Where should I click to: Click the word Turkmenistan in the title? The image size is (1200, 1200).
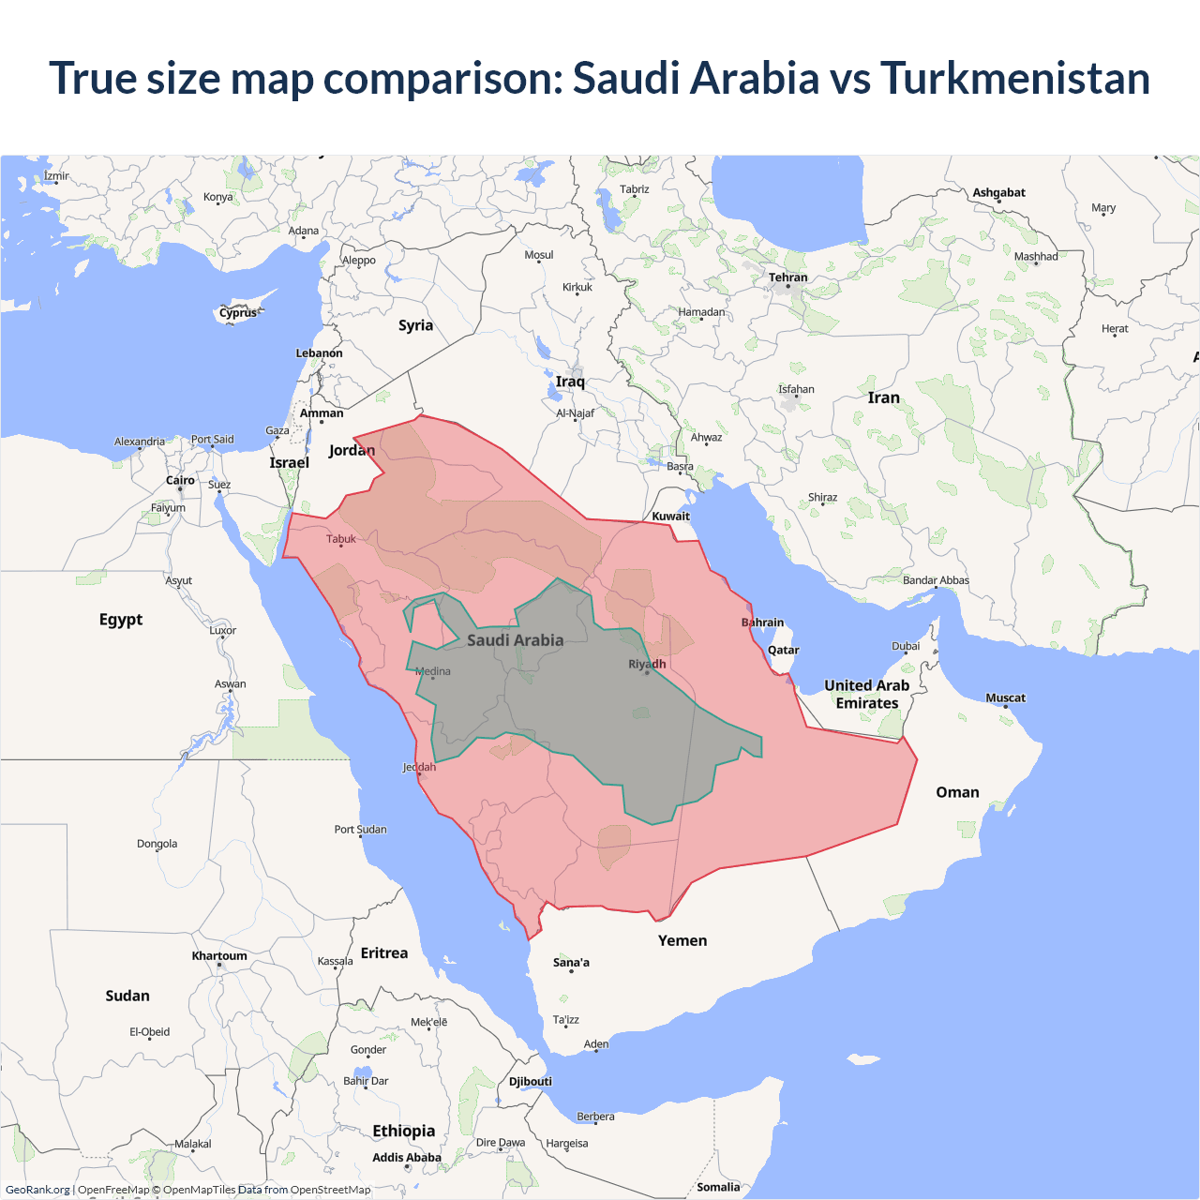1014,78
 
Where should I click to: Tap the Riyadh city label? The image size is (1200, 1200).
647,664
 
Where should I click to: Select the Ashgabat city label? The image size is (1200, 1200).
998,192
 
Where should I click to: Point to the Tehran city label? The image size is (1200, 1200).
787,277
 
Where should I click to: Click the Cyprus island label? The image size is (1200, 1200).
238,313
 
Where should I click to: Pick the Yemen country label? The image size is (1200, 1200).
682,940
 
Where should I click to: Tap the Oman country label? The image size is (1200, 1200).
957,792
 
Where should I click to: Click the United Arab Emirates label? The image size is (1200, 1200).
867,695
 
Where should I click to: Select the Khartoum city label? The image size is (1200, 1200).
219,956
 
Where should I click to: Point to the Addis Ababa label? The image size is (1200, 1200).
406,1158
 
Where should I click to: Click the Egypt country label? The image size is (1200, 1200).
121,620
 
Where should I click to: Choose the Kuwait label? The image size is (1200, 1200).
670,516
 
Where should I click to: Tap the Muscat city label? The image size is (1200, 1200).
1005,697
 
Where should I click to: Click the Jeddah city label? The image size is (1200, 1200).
419,767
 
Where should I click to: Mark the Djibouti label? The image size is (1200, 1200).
531,1081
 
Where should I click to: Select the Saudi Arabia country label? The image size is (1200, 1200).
515,640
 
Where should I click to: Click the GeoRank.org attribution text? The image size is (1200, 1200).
37,1190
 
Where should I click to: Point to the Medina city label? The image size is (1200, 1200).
433,671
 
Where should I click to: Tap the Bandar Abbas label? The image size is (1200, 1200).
936,580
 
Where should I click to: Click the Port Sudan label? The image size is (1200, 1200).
360,830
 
